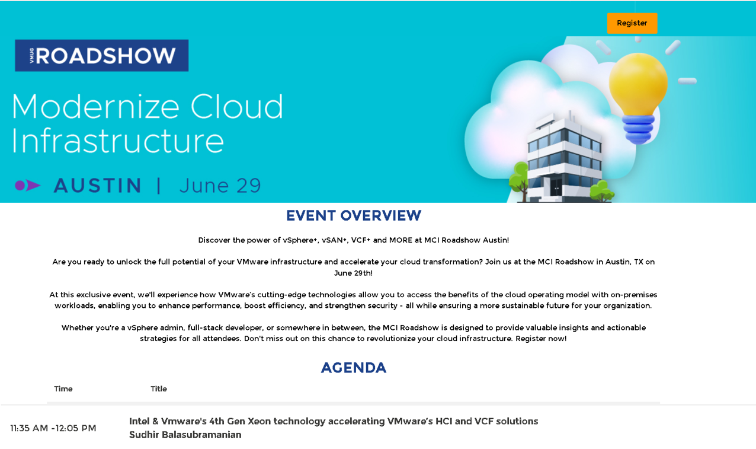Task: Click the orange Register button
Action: tap(632, 23)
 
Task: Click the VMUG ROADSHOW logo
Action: tap(101, 55)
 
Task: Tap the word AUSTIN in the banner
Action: tap(97, 186)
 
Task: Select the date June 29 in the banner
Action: tap(220, 186)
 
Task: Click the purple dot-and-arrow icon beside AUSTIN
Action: tap(27, 186)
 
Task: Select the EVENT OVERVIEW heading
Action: tap(353, 216)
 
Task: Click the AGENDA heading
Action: tap(353, 368)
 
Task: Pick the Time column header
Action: tap(63, 389)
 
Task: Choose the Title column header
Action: tap(159, 389)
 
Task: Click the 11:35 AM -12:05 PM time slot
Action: tap(53, 428)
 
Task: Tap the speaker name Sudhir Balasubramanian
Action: tap(185, 435)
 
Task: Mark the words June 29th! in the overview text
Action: tap(353, 273)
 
